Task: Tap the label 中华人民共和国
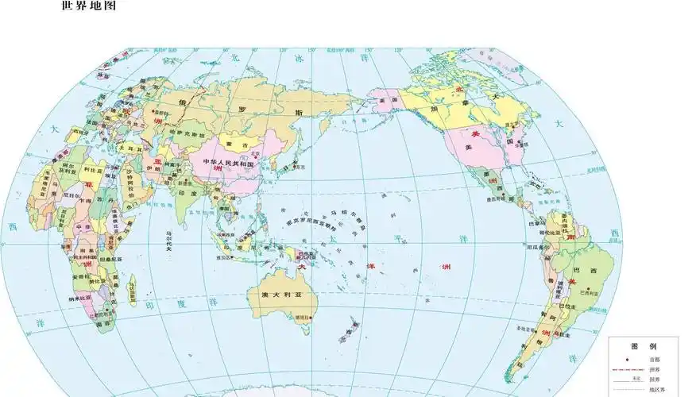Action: (x=228, y=163)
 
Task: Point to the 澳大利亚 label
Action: (x=284, y=294)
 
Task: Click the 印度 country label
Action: (x=188, y=193)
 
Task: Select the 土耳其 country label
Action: (x=125, y=148)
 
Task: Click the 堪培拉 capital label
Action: (x=302, y=318)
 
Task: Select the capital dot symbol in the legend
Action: (x=628, y=360)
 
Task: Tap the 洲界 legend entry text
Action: (x=653, y=370)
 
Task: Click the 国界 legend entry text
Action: (x=653, y=380)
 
